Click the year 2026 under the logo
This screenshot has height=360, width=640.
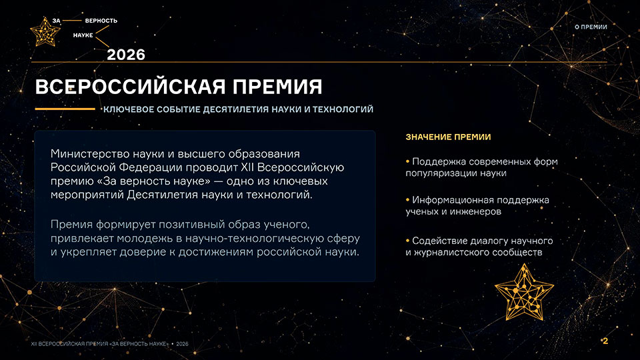pos(126,55)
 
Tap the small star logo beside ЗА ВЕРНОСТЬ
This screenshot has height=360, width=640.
pos(45,31)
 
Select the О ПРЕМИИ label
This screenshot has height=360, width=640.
pos(591,27)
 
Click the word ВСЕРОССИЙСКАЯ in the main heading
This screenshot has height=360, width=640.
pos(131,87)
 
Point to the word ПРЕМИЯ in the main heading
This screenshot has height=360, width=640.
pos(277,87)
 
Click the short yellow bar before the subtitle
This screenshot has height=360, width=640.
pos(65,109)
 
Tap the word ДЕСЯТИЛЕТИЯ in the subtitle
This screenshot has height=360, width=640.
pos(236,109)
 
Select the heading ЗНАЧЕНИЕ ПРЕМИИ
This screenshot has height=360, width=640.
pos(448,137)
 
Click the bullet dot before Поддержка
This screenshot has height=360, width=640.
pos(407,161)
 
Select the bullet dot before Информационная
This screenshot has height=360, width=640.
pos(407,200)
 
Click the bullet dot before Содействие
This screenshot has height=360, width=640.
pos(407,241)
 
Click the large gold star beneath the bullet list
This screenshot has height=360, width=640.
pos(524,292)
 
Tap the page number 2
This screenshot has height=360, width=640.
pos(605,341)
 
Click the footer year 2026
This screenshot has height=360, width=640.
pos(182,344)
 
